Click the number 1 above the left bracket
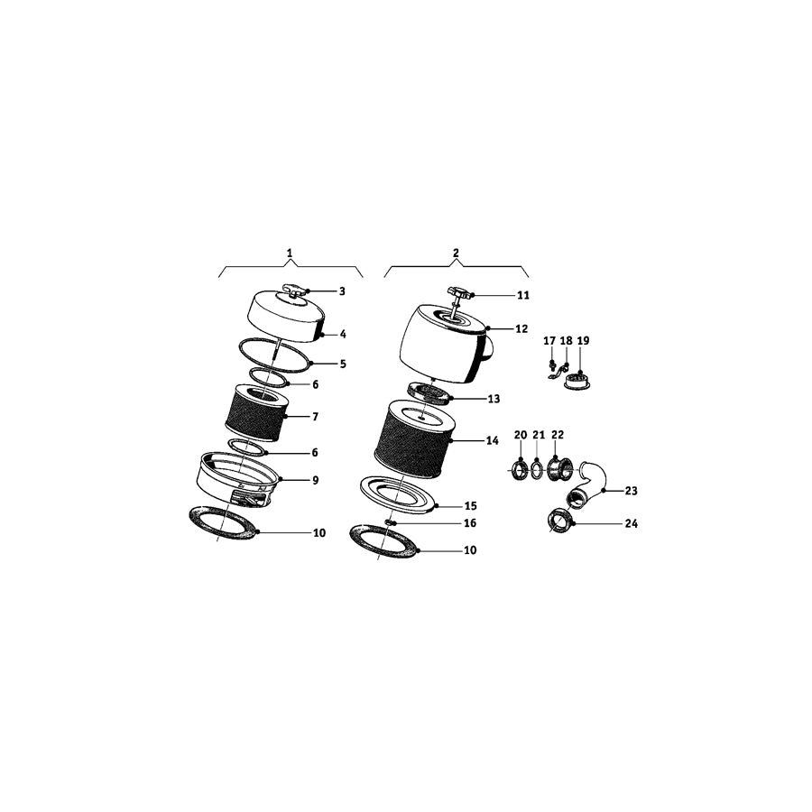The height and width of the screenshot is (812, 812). (x=290, y=254)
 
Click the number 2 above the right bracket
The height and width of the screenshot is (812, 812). (x=456, y=254)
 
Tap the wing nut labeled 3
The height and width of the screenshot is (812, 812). (x=295, y=290)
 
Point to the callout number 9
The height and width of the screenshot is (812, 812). (x=316, y=481)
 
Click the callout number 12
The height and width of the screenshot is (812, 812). (x=521, y=329)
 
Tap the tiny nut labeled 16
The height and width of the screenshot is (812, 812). (x=390, y=521)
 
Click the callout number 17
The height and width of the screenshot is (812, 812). (x=549, y=341)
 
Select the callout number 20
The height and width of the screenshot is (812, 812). (x=521, y=436)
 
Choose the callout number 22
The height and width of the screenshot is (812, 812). (x=558, y=436)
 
